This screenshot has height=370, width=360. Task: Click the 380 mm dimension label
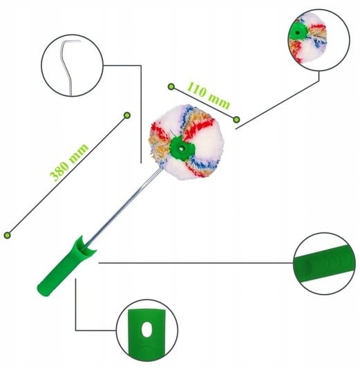pyautogui.click(x=69, y=162)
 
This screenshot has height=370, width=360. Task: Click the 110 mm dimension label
pyautogui.click(x=209, y=95)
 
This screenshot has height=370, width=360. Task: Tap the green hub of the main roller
pyautogui.click(x=182, y=149)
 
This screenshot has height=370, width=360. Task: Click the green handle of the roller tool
pyautogui.click(x=67, y=266)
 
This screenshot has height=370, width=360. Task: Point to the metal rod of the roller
pyautogui.click(x=123, y=207)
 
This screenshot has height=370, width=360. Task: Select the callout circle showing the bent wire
pyautogui.click(x=72, y=66)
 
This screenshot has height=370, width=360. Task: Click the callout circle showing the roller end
pyautogui.click(x=319, y=40)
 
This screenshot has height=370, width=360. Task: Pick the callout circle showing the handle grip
pyautogui.click(x=324, y=263)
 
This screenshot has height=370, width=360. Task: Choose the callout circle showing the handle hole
pyautogui.click(x=147, y=331)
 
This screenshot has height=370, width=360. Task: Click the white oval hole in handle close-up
pyautogui.click(x=146, y=329)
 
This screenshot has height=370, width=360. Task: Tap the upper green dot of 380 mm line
pyautogui.click(x=127, y=115)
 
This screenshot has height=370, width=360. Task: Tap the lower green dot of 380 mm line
pyautogui.click(x=8, y=235)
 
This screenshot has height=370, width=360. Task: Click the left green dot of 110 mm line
pyautogui.click(x=171, y=86)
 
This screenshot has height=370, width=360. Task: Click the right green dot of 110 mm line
pyautogui.click(x=236, y=120)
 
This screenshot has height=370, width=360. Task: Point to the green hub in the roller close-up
pyautogui.click(x=297, y=31)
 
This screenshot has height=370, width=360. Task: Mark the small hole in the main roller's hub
pyautogui.click(x=181, y=149)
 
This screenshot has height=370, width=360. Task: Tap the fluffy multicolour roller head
pyautogui.click(x=187, y=142)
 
